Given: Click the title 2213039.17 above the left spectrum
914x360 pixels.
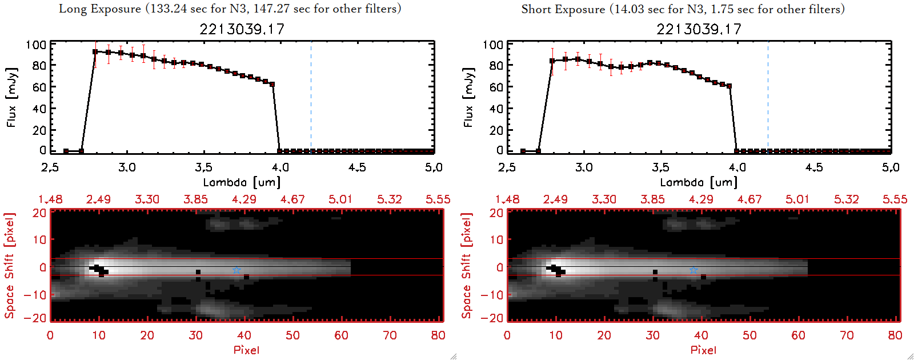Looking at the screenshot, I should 242,29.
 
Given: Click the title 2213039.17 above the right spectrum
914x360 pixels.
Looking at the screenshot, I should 699,29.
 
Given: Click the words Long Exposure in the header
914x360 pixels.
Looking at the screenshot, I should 100,9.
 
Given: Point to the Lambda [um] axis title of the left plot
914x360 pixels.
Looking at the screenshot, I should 242,182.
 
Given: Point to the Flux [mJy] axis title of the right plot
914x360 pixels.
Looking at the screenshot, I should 468,97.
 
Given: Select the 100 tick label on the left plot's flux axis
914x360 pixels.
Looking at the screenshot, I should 36,45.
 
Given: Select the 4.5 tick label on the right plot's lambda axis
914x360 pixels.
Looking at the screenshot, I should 814,167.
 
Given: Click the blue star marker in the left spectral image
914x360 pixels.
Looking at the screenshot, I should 236,270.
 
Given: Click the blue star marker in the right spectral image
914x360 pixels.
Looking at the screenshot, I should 693,270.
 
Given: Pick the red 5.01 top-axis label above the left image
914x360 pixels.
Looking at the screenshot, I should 340,199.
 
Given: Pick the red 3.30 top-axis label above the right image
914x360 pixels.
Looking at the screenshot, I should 604,199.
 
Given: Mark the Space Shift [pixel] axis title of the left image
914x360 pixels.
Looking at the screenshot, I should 9,266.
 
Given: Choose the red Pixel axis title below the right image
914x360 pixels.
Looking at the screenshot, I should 703,350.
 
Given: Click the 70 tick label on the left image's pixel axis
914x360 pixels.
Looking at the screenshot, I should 390,335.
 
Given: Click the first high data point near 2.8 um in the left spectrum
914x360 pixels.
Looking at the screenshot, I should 95,51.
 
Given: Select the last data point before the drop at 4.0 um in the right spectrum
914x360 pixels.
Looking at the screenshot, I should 729,86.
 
